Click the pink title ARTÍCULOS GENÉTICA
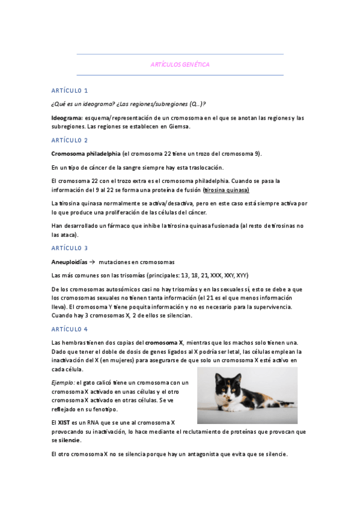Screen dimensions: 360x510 [180, 64]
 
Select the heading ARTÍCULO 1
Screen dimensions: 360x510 [70, 91]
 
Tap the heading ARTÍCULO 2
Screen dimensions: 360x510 [70, 140]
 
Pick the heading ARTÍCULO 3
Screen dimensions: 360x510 [70, 248]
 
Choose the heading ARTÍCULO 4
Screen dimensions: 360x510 [70, 329]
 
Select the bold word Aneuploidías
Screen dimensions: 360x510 [69, 262]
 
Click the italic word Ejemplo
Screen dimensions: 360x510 [63, 383]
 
